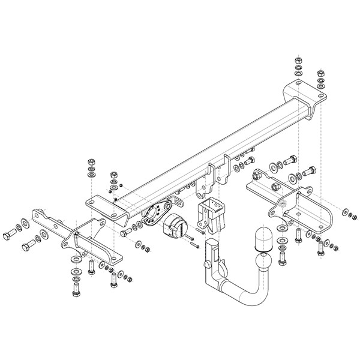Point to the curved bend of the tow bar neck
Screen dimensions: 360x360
(240, 294)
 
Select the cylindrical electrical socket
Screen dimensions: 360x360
(175, 227)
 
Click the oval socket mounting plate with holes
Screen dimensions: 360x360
(157, 213)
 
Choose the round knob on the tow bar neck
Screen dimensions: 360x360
(206, 264)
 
